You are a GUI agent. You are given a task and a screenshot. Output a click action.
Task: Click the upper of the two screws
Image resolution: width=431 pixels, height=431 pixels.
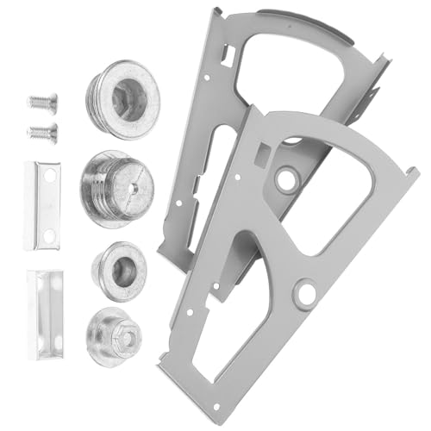(41, 103)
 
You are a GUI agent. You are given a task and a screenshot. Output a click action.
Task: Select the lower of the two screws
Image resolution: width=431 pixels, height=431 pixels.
(41, 133)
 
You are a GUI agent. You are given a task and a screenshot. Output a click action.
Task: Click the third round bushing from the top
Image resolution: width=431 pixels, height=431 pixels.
(118, 270)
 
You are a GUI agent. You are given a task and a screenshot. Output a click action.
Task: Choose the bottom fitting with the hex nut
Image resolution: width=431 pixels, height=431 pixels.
(118, 336)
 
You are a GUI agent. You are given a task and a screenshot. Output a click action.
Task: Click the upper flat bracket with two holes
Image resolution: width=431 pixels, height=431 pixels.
(41, 205)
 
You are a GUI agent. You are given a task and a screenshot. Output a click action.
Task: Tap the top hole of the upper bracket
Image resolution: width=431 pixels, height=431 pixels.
(49, 176)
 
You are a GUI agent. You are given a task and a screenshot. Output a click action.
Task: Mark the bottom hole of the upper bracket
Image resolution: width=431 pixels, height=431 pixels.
(49, 235)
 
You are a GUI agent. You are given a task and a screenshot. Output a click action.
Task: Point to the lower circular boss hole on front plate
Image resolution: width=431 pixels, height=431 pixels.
(304, 294)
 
